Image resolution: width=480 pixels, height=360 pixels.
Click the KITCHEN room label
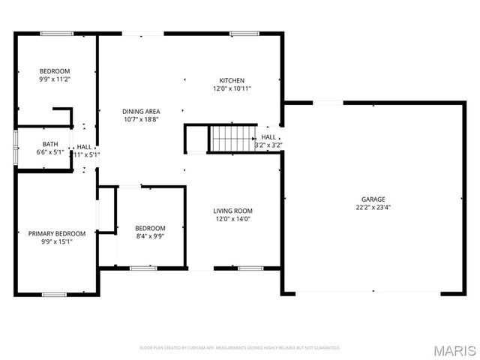pyautogui.click(x=232, y=80)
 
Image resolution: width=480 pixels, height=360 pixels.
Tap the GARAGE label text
pyautogui.click(x=373, y=199)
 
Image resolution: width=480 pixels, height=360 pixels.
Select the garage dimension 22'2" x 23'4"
pyautogui.click(x=373, y=207)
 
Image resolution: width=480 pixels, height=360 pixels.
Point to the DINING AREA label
pyautogui.click(x=141, y=112)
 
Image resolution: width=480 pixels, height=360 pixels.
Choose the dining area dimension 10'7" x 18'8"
pyautogui.click(x=141, y=119)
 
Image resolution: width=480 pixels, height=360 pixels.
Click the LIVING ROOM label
pyautogui.click(x=232, y=211)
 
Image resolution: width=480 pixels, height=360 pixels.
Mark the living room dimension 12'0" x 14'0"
pyautogui.click(x=232, y=219)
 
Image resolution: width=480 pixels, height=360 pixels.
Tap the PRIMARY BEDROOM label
pyautogui.click(x=57, y=233)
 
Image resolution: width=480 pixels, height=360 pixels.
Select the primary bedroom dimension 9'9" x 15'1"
pyautogui.click(x=57, y=241)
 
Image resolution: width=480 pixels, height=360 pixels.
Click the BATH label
pyautogui.click(x=50, y=144)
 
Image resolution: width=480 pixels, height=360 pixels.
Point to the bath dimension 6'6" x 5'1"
pyautogui.click(x=50, y=152)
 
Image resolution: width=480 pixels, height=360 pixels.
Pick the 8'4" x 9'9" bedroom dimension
pyautogui.click(x=149, y=235)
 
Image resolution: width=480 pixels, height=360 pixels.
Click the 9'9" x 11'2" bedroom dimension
pyautogui.click(x=55, y=79)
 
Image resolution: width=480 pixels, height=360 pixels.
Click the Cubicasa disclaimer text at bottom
pyautogui.click(x=240, y=348)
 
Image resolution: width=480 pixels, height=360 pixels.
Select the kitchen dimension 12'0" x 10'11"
pyautogui.click(x=232, y=88)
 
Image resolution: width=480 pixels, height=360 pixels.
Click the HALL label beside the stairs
pyautogui.click(x=268, y=137)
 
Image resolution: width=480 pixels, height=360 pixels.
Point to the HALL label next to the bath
pyautogui.click(x=85, y=147)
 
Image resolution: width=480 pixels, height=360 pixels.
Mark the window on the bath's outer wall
pyautogui.click(x=16, y=145)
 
